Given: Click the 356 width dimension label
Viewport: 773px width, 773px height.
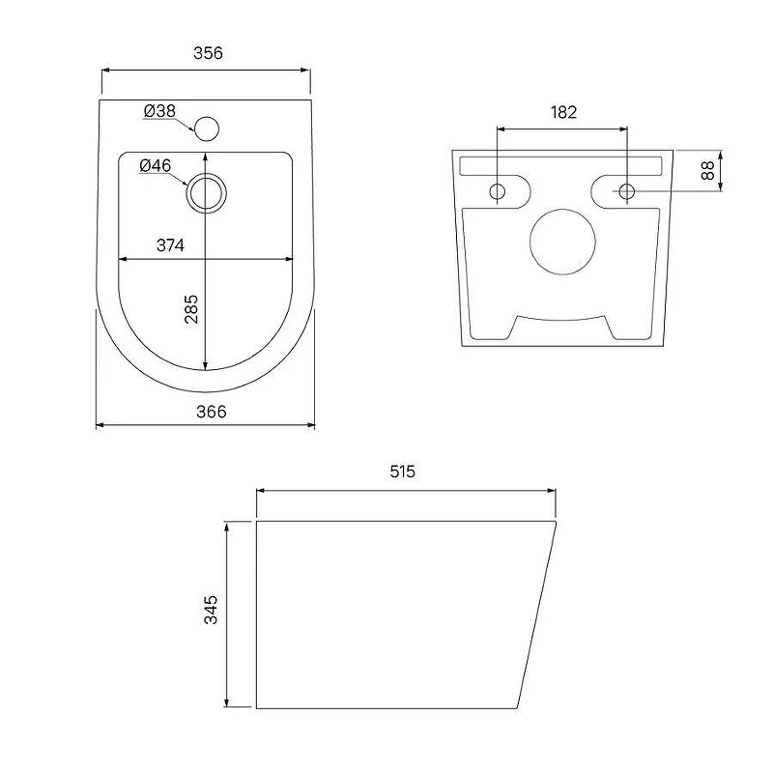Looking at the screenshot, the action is click(208, 53).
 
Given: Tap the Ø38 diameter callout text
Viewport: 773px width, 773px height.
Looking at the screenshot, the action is click(159, 111).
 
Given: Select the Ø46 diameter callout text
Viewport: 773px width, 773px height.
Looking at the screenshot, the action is click(156, 165).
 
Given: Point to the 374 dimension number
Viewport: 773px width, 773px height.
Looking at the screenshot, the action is click(171, 245).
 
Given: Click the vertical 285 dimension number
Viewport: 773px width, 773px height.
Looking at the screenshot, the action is click(191, 309).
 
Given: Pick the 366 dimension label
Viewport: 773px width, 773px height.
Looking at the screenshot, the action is click(212, 412).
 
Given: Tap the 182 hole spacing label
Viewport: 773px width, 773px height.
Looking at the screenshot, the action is click(563, 112).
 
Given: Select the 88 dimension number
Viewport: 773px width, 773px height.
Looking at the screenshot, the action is click(707, 171).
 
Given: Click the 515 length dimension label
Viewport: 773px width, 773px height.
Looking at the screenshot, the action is click(403, 472).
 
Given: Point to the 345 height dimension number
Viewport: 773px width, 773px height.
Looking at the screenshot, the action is click(211, 610).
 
